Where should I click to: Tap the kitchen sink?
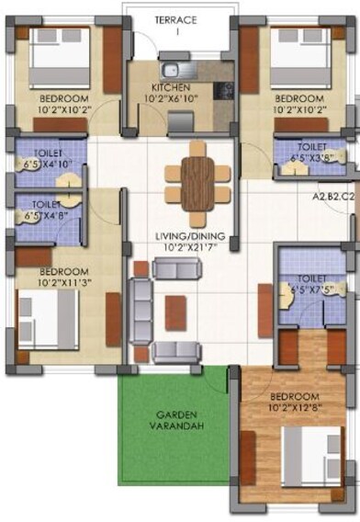tap(172, 71)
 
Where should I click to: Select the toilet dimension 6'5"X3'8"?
tap(310, 157)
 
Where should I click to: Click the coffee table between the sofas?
tap(176, 309)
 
